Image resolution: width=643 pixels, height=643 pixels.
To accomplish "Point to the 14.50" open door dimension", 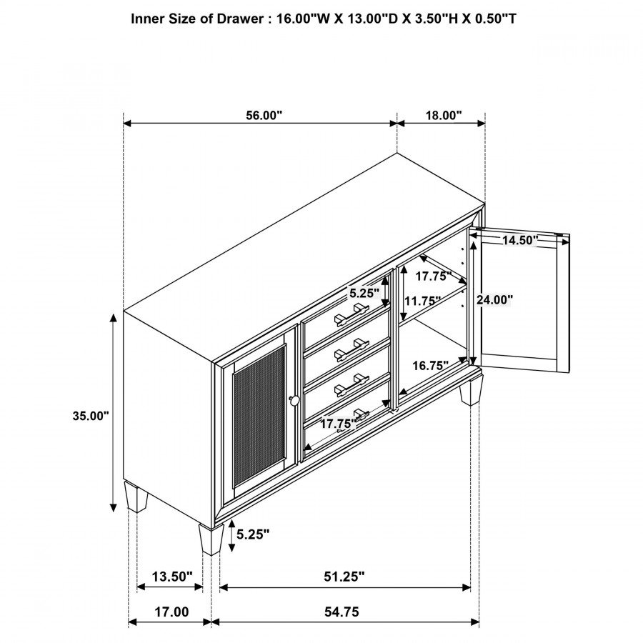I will [519, 240].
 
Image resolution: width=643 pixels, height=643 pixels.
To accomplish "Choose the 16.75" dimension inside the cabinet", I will [429, 365].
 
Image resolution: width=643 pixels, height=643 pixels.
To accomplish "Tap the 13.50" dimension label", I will [170, 576].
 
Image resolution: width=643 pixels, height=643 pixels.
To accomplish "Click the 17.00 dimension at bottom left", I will [171, 612].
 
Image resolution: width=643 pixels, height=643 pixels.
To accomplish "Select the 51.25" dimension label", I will [345, 576].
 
